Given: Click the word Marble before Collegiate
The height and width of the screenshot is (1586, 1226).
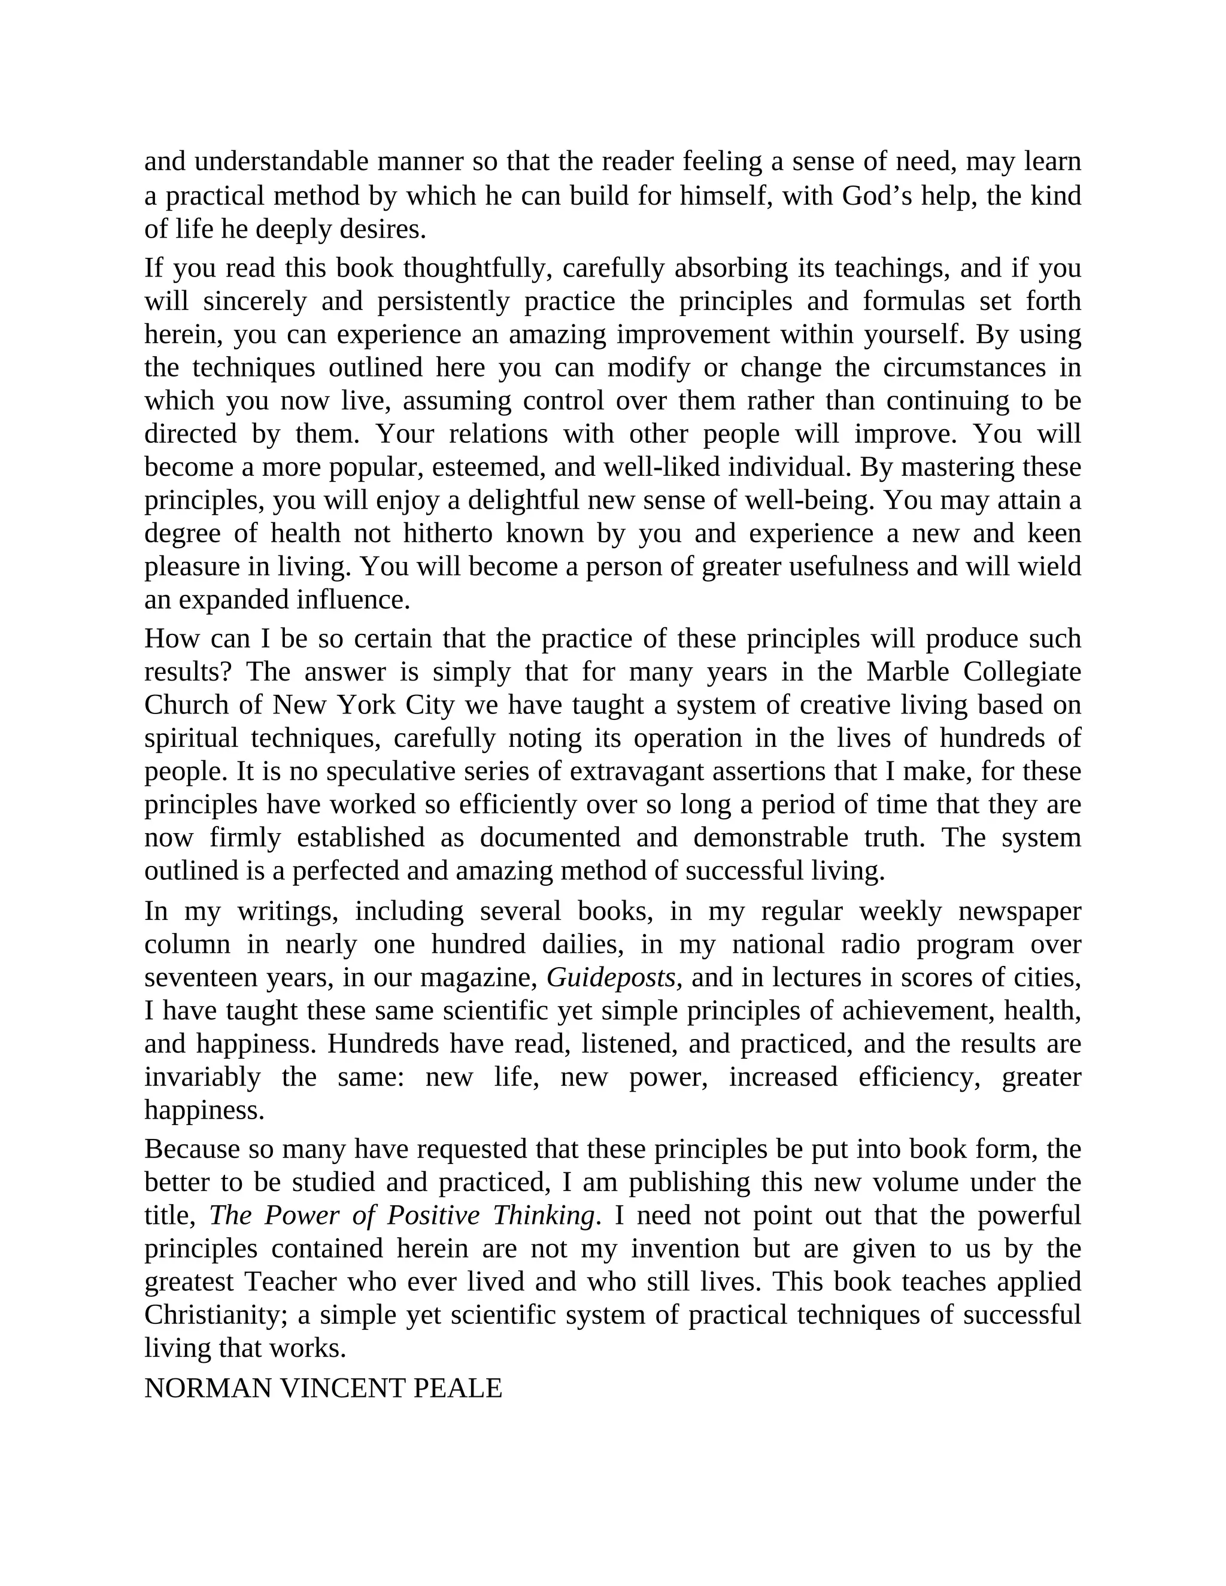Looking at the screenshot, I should click(x=908, y=672).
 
